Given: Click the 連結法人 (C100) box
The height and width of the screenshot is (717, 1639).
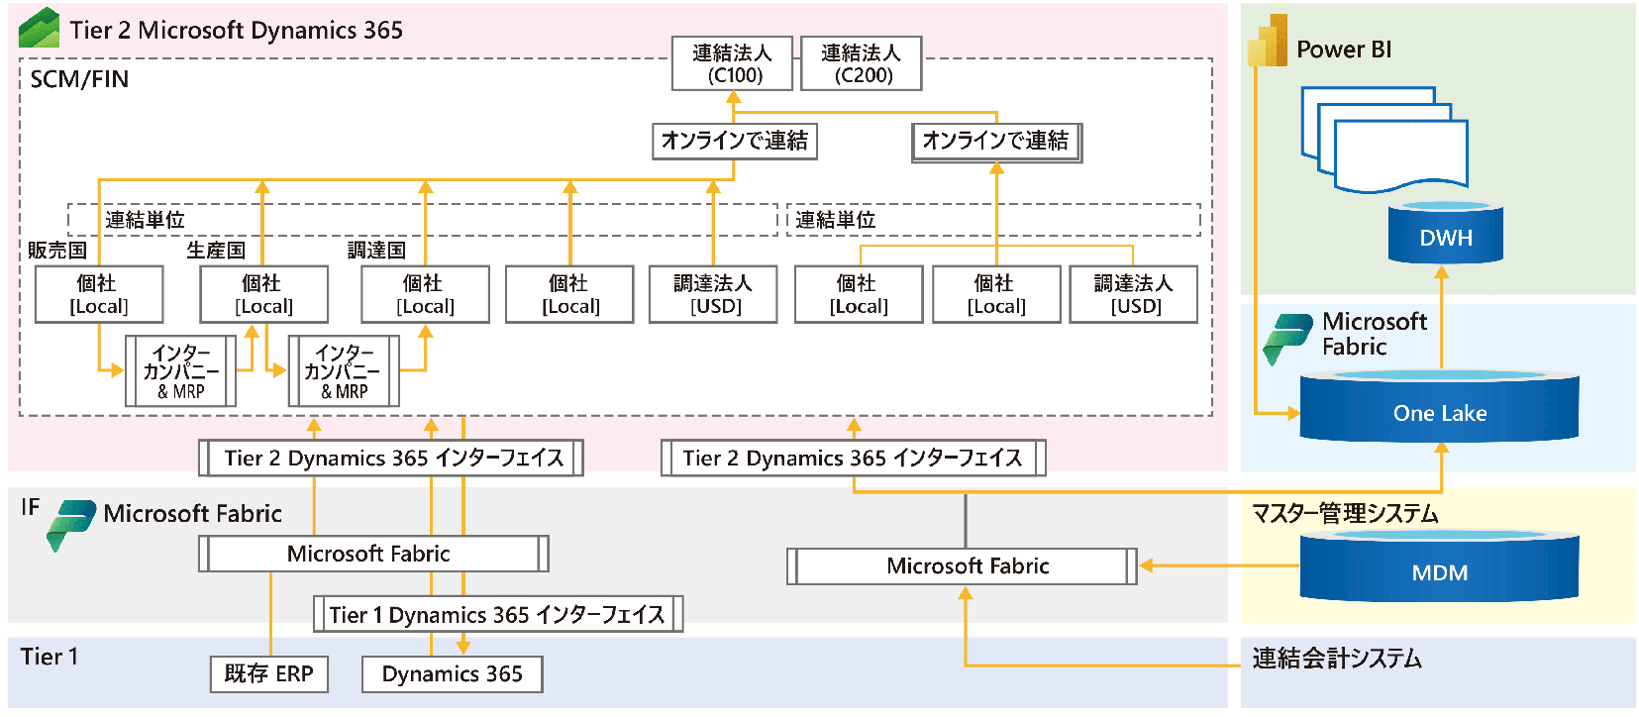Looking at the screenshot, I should pyautogui.click(x=732, y=63).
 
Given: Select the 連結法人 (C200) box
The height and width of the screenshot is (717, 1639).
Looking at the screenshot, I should pyautogui.click(x=861, y=63).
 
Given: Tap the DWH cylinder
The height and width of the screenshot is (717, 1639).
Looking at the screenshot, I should pyautogui.click(x=1445, y=236).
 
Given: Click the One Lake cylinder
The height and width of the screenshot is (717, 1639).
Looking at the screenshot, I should pyautogui.click(x=1439, y=411).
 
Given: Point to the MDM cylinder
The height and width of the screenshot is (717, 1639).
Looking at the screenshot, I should pyautogui.click(x=1439, y=569).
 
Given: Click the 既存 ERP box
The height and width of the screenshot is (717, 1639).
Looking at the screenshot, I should pyautogui.click(x=268, y=673).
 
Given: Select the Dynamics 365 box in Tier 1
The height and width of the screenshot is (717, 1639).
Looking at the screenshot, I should pyautogui.click(x=452, y=673).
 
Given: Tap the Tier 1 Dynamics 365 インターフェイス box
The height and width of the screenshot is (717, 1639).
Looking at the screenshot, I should pyautogui.click(x=497, y=614).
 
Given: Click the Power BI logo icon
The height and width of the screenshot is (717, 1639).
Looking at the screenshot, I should pyautogui.click(x=1268, y=42).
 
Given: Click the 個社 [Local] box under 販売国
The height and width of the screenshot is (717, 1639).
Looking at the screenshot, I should pyautogui.click(x=98, y=294).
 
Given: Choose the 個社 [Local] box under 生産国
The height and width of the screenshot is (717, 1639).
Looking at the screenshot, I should pyautogui.click(x=263, y=294).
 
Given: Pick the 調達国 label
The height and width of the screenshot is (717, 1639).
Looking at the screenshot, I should pyautogui.click(x=376, y=251).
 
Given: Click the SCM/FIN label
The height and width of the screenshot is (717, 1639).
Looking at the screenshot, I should pyautogui.click(x=79, y=79).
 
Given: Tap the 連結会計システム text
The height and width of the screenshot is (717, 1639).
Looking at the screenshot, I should pyautogui.click(x=1336, y=659).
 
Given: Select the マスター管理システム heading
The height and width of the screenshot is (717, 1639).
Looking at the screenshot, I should pyautogui.click(x=1344, y=513).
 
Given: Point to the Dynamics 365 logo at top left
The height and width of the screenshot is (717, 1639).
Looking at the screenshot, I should pyautogui.click(x=40, y=28).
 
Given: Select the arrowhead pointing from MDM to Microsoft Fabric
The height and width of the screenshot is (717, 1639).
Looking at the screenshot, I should pyautogui.click(x=1147, y=565).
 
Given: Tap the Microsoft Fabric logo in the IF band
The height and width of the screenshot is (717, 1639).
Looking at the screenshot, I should pyautogui.click(x=70, y=524).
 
